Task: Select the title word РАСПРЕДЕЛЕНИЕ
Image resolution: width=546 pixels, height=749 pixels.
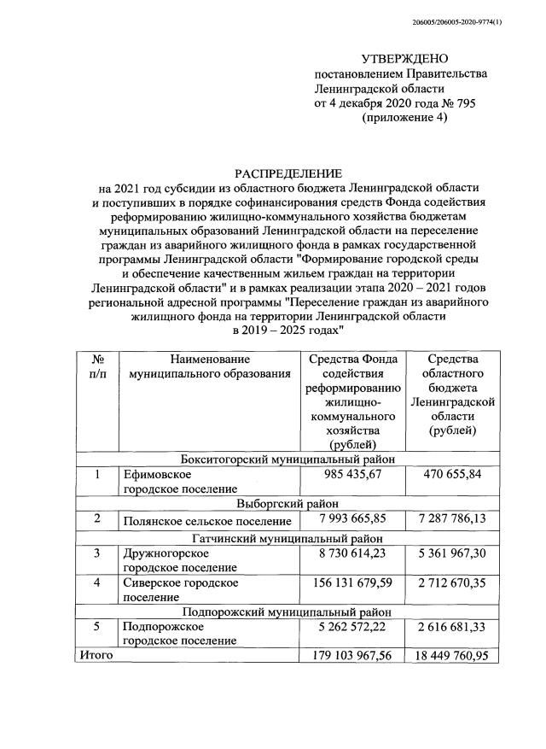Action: (288, 173)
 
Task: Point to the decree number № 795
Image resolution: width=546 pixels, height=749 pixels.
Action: (456, 102)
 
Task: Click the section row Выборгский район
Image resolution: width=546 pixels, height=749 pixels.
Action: (288, 503)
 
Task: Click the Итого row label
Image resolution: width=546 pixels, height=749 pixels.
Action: (96, 655)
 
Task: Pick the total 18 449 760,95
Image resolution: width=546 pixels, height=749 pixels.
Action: (451, 655)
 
